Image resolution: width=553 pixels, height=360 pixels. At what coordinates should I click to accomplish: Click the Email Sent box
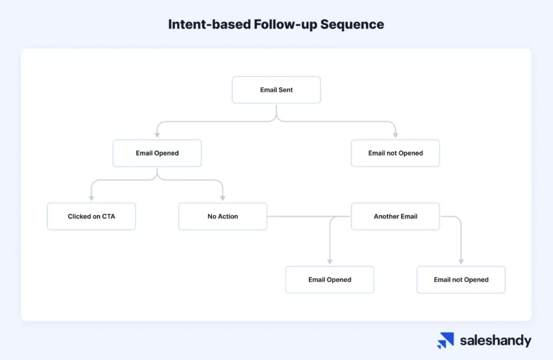click(276, 90)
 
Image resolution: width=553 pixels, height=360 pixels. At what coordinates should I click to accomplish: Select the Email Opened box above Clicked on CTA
click(157, 153)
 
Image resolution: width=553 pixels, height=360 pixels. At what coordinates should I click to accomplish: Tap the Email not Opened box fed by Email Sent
click(395, 153)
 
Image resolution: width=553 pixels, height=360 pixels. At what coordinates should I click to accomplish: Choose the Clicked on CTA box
click(91, 216)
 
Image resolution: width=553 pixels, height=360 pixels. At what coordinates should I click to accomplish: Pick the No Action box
click(222, 216)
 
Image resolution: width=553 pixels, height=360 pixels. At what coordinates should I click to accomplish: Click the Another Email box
click(395, 216)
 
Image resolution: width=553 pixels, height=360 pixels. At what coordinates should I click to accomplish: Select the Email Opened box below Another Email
click(329, 280)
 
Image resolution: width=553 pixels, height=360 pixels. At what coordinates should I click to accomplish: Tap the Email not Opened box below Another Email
click(461, 280)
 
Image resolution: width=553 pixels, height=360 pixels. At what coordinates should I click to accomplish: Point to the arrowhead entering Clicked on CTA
click(91, 198)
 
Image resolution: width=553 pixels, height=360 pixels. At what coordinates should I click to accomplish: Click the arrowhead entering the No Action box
click(222, 198)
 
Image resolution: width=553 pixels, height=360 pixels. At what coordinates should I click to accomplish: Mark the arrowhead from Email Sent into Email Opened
click(157, 135)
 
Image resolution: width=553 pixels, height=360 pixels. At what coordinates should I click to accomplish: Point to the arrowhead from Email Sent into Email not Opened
click(395, 135)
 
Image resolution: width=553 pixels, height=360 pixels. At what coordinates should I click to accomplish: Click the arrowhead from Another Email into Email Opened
click(330, 261)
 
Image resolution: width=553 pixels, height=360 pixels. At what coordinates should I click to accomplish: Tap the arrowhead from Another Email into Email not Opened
click(461, 261)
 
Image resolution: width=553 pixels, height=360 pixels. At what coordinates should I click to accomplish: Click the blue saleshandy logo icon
click(445, 340)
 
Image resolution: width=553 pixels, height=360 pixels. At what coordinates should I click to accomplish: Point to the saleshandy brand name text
click(495, 341)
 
